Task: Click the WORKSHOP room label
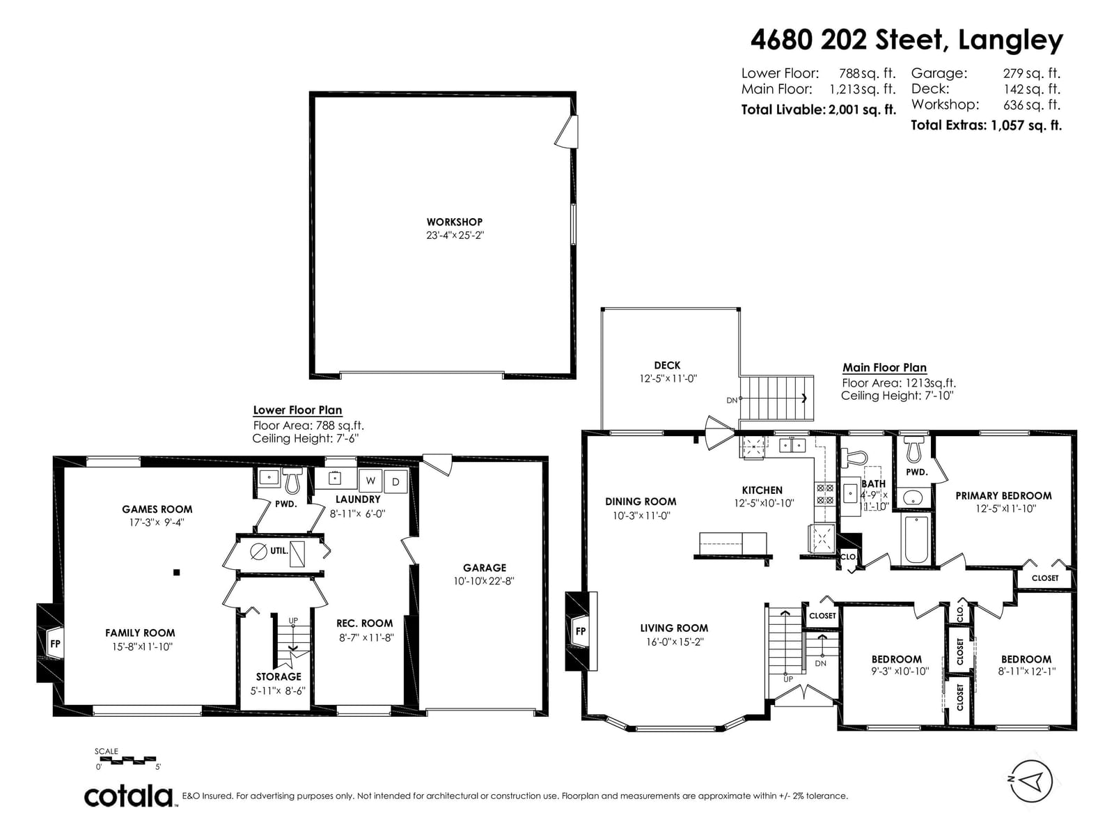tap(454, 222)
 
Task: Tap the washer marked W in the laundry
tap(370, 480)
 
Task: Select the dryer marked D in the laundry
tap(395, 481)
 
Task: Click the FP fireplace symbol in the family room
tap(55, 644)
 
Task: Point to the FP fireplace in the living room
tap(580, 631)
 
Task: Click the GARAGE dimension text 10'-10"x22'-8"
tap(484, 581)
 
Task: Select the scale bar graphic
tap(127, 760)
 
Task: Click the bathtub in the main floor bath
tap(916, 539)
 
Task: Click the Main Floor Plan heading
tap(884, 367)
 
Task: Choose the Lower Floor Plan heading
tap(297, 410)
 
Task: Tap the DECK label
tap(667, 365)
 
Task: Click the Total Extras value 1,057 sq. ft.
tap(1026, 125)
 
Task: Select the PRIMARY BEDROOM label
tap(1003, 495)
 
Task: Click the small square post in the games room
tap(177, 573)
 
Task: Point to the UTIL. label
tap(278, 550)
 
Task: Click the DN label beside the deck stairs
tap(731, 400)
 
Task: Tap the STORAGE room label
tap(278, 676)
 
